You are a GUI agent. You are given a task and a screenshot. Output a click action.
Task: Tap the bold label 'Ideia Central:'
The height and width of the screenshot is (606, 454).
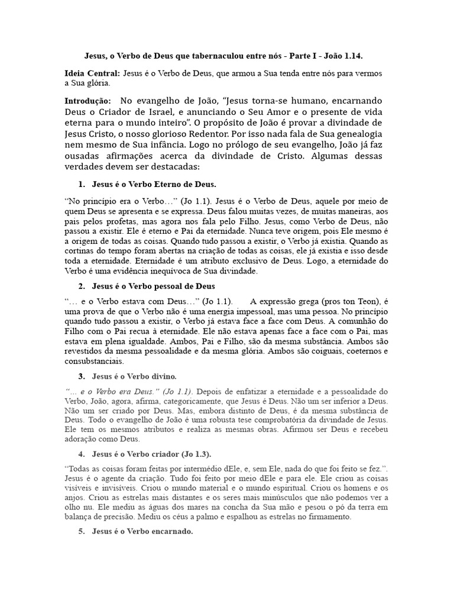click(92, 74)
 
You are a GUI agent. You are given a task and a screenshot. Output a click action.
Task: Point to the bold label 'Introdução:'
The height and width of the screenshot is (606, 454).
click(87, 101)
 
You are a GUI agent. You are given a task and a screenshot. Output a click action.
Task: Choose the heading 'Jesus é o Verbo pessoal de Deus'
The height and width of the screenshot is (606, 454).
click(153, 286)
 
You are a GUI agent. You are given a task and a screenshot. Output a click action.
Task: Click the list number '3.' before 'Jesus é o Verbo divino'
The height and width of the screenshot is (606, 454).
click(82, 376)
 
